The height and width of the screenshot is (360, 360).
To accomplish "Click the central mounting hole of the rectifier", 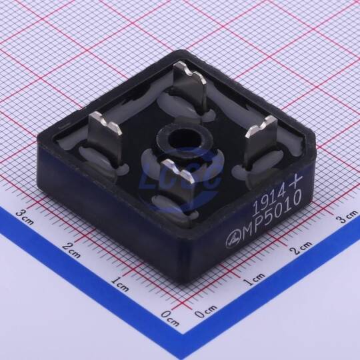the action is [181, 139].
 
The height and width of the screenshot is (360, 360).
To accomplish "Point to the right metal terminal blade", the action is [261, 140].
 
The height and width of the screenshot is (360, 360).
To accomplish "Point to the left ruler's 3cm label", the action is [25, 217].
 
